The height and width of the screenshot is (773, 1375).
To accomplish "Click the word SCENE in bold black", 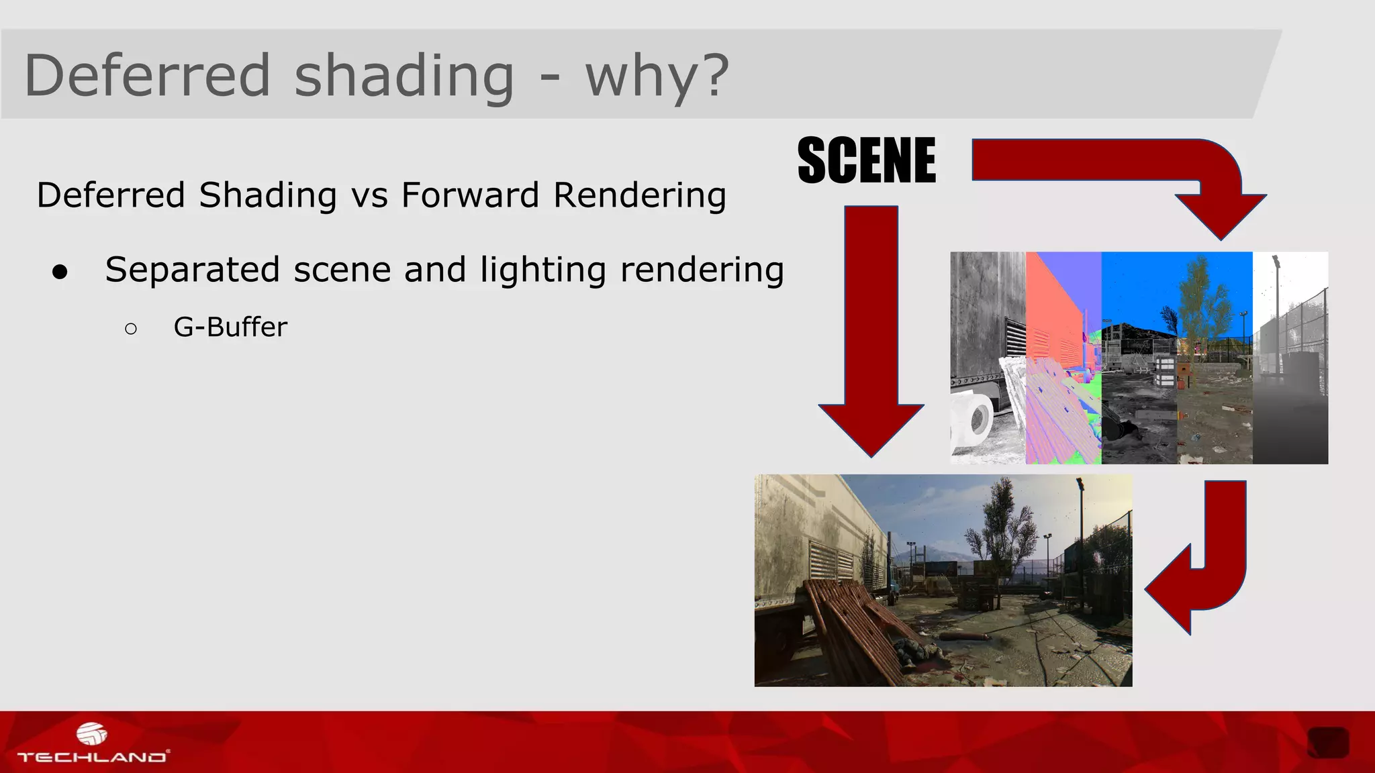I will pyautogui.click(x=866, y=160).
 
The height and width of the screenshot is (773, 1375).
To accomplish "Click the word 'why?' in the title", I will pyautogui.click(x=657, y=76).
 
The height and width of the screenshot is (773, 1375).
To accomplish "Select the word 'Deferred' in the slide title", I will pyautogui.click(x=147, y=74).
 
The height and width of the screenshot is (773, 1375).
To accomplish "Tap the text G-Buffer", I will pyautogui.click(x=230, y=327).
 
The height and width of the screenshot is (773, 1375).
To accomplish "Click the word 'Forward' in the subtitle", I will pyautogui.click(x=470, y=195).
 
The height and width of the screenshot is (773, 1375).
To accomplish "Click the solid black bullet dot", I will pyautogui.click(x=60, y=272).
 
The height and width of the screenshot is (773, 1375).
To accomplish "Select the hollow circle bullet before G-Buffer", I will pyautogui.click(x=131, y=328).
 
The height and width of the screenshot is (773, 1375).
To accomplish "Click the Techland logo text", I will pyautogui.click(x=92, y=757).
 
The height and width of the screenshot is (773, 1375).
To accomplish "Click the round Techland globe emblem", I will pyautogui.click(x=91, y=733).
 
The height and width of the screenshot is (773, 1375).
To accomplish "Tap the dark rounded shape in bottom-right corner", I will pyautogui.click(x=1328, y=742).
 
